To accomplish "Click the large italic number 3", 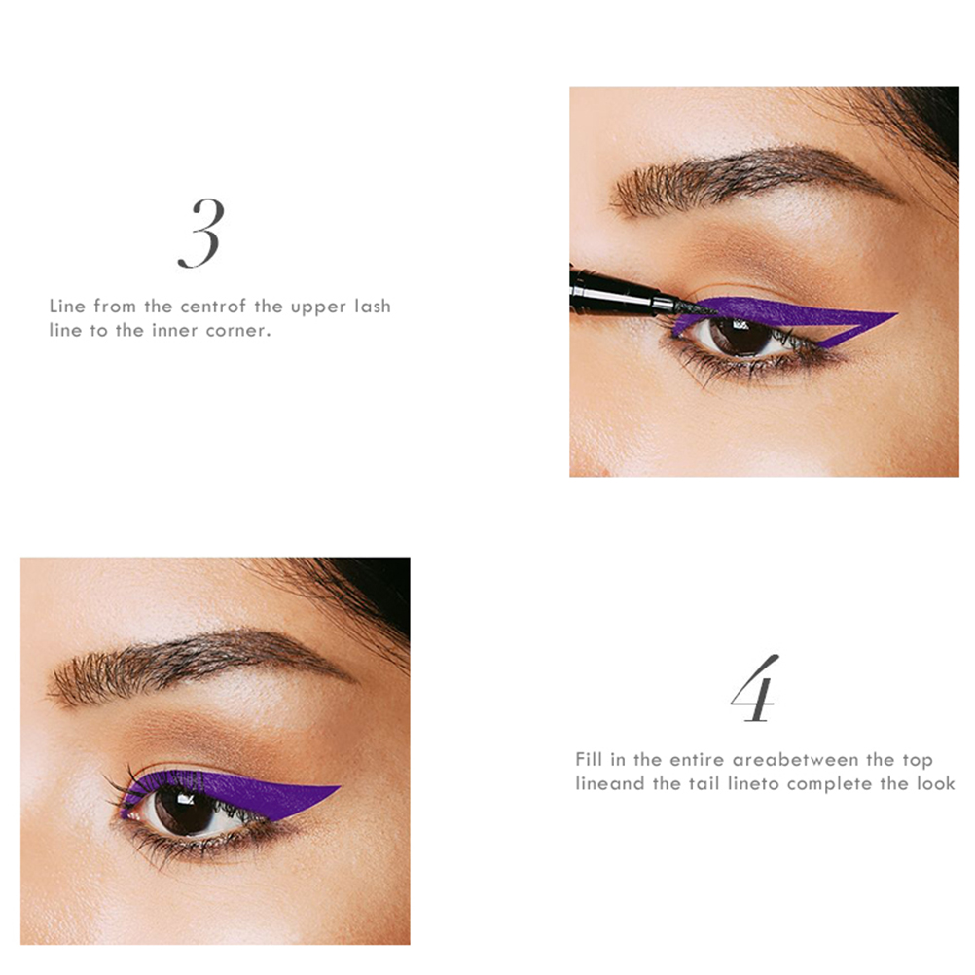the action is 200,234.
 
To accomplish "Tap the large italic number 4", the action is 755,688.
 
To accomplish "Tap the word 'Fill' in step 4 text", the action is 585,759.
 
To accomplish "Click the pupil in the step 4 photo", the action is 185,806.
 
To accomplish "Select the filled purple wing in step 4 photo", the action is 249,793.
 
